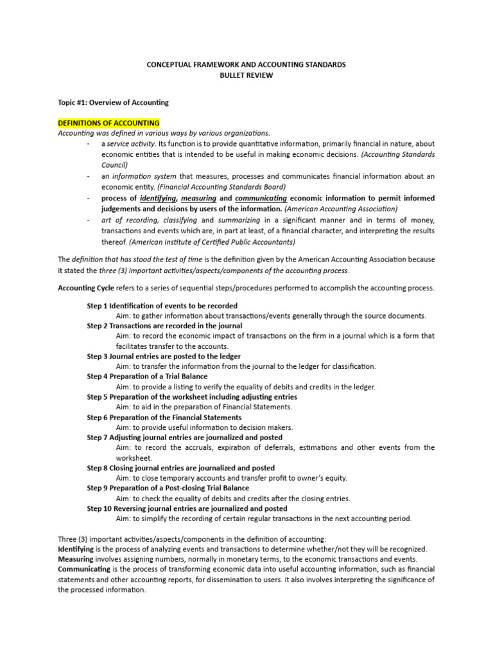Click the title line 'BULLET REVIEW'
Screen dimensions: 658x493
pyautogui.click(x=246, y=75)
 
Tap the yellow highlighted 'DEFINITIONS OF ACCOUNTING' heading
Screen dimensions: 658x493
pyautogui.click(x=108, y=123)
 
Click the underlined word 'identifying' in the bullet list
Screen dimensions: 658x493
pyautogui.click(x=158, y=199)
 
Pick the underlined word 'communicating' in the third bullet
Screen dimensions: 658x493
pyautogui.click(x=261, y=199)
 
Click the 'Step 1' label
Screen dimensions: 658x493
pyautogui.click(x=98, y=306)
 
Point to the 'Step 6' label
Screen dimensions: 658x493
pyautogui.click(x=98, y=417)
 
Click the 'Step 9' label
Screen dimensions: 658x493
pyautogui.click(x=98, y=488)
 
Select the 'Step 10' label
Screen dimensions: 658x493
pyautogui.click(x=100, y=508)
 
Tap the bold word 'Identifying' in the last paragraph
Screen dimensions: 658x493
pyautogui.click(x=76, y=549)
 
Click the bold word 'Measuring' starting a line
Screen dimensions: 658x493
pyautogui.click(x=75, y=559)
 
